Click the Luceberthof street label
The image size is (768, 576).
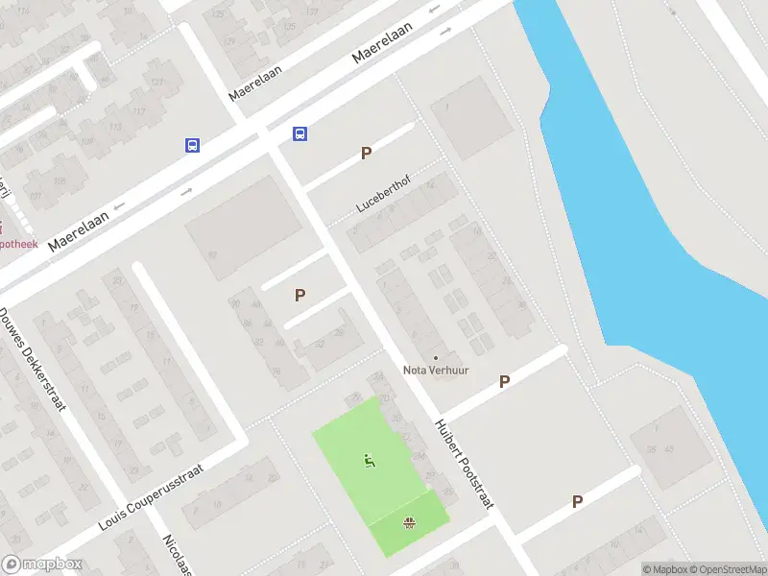tap(383, 197)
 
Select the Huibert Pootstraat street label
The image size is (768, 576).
tap(463, 462)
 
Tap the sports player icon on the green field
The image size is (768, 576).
tap(369, 460)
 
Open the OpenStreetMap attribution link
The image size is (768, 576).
tap(727, 569)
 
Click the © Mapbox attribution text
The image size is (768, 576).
tap(665, 569)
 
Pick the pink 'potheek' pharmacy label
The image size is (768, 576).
tap(19, 245)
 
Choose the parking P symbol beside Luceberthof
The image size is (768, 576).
tap(365, 153)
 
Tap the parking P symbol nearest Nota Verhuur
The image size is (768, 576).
tap(504, 382)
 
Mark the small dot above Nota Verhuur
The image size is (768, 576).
tap(436, 357)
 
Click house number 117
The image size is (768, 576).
tap(140, 112)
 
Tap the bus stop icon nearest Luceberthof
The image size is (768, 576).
tap(300, 134)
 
